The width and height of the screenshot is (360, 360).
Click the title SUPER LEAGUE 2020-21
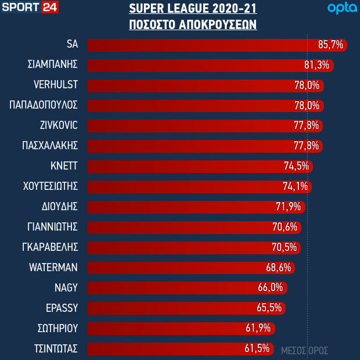tap(193, 9)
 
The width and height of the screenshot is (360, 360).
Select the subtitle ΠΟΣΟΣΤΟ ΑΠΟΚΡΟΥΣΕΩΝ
tap(193, 26)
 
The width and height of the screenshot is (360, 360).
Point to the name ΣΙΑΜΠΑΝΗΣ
tap(53, 64)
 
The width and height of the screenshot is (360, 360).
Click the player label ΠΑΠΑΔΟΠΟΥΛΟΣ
tap(44, 105)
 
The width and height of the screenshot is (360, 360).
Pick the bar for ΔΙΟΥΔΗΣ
tap(186, 207)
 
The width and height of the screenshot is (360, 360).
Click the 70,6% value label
tap(285, 227)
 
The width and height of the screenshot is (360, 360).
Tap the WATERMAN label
tap(53, 268)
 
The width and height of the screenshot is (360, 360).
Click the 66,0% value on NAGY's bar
tap(271, 288)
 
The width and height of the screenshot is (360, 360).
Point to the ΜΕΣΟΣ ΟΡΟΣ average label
tap(305, 351)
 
